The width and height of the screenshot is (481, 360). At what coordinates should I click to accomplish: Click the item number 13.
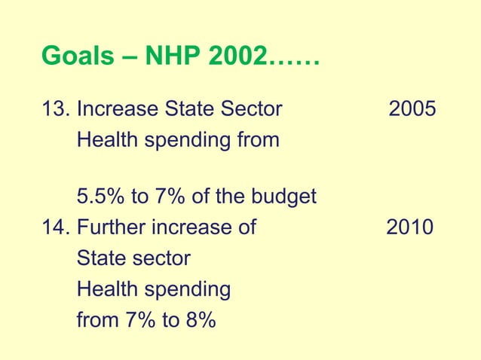[54, 110]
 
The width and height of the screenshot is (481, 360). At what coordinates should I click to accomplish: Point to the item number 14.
[54, 228]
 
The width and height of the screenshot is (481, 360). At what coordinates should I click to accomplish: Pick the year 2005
[412, 110]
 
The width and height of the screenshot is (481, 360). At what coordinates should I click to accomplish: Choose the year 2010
[410, 228]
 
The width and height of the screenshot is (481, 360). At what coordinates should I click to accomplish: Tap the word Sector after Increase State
[250, 110]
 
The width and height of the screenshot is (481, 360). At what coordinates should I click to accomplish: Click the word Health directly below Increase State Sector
[105, 140]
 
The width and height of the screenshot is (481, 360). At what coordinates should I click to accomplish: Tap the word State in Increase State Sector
[185, 110]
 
